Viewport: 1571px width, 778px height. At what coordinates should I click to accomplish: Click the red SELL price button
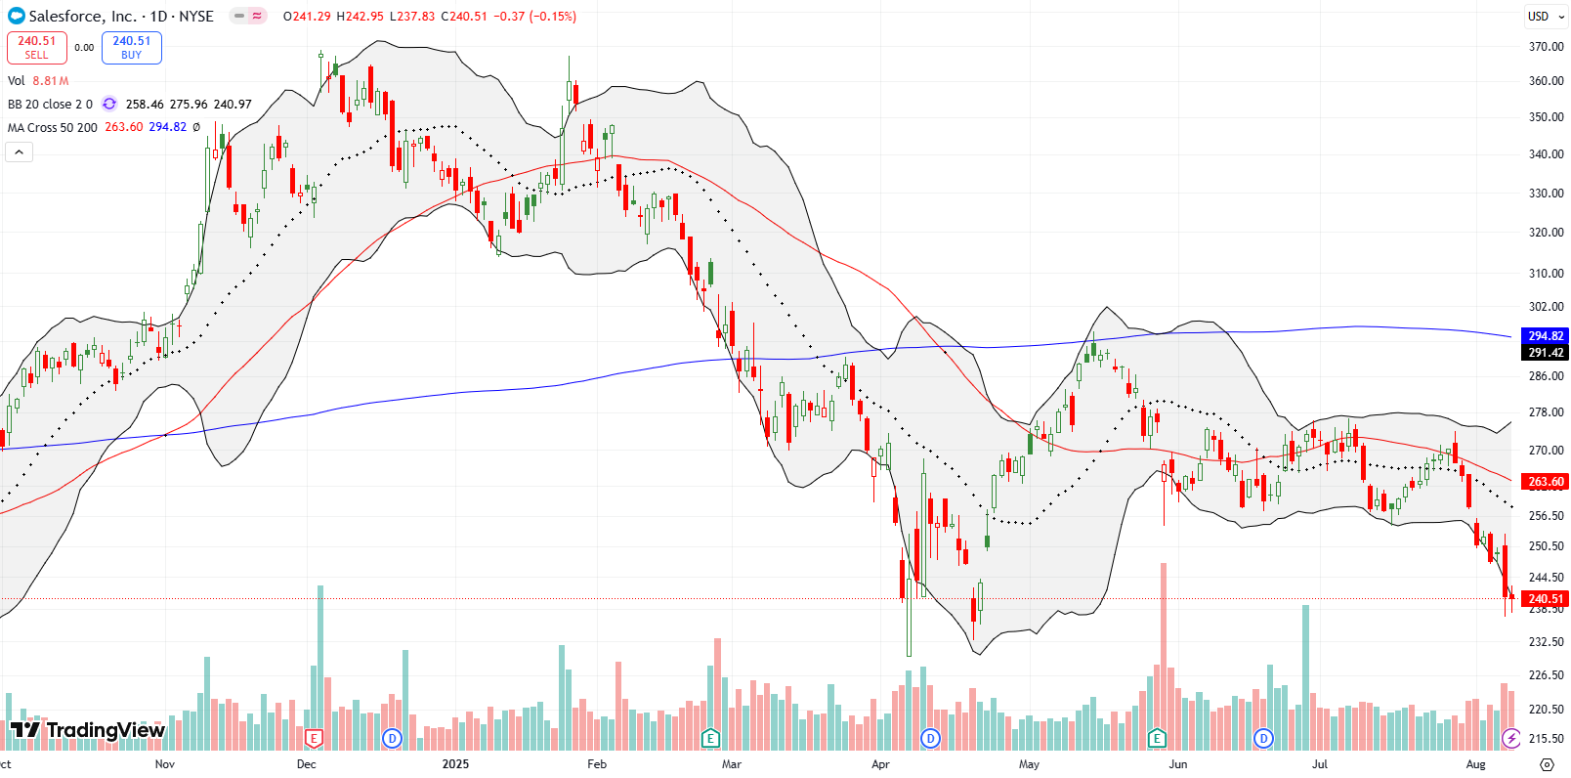pyautogui.click(x=37, y=47)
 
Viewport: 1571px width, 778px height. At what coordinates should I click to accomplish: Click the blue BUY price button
pyautogui.click(x=132, y=47)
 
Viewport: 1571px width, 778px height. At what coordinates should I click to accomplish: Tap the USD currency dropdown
pyautogui.click(x=1545, y=16)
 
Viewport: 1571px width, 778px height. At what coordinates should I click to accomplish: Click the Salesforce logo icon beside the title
pyautogui.click(x=16, y=16)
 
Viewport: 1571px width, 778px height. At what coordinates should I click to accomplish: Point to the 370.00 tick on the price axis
pyautogui.click(x=1546, y=46)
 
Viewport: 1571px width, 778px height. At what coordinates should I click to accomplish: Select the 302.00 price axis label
pyautogui.click(x=1546, y=306)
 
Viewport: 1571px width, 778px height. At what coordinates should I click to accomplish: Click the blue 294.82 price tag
pyautogui.click(x=1546, y=335)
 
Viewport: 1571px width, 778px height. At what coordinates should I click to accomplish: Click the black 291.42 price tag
pyautogui.click(x=1546, y=352)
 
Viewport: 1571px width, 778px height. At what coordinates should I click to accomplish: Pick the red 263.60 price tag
pyautogui.click(x=1546, y=481)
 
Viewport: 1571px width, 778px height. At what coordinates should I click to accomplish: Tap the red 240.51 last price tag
pyautogui.click(x=1546, y=598)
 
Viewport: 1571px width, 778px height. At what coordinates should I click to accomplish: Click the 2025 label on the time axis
pyautogui.click(x=455, y=763)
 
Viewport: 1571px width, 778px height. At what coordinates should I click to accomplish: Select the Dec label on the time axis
pyautogui.click(x=307, y=763)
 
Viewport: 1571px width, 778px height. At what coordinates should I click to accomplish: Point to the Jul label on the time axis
pyautogui.click(x=1320, y=763)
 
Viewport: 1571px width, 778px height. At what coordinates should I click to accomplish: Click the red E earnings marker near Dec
pyautogui.click(x=315, y=738)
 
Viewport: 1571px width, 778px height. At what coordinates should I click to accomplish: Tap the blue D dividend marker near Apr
pyautogui.click(x=931, y=738)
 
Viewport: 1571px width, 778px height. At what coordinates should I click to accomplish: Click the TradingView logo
pyautogui.click(x=88, y=730)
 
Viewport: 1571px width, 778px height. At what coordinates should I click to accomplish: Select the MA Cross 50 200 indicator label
pyautogui.click(x=53, y=127)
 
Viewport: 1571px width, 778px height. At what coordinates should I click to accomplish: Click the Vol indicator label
pyautogui.click(x=17, y=81)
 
